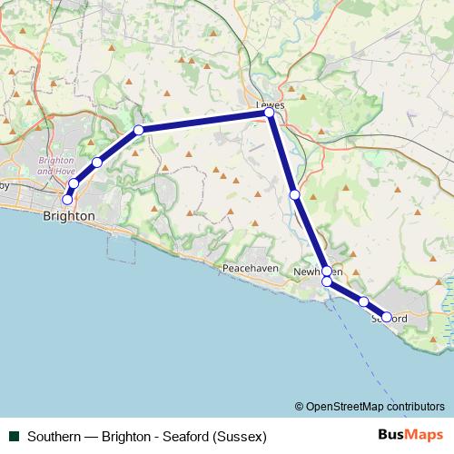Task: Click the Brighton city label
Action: click(x=68, y=216)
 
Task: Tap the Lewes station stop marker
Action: click(x=270, y=113)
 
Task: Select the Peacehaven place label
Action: click(x=249, y=269)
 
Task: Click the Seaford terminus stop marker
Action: click(x=387, y=317)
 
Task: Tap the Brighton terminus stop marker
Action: click(x=67, y=199)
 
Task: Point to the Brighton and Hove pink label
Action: click(x=56, y=164)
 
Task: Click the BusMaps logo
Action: click(x=409, y=435)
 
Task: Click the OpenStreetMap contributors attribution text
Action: click(x=370, y=407)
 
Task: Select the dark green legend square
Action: click(x=14, y=436)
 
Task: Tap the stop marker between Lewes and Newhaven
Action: click(x=294, y=194)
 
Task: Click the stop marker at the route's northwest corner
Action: click(x=139, y=130)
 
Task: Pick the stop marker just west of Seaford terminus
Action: click(x=363, y=301)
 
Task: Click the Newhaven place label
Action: click(x=311, y=271)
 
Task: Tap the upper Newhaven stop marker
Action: click(x=327, y=271)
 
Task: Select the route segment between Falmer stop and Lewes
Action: click(x=204, y=121)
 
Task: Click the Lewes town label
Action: click(x=270, y=104)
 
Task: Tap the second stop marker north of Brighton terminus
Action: click(x=97, y=163)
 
